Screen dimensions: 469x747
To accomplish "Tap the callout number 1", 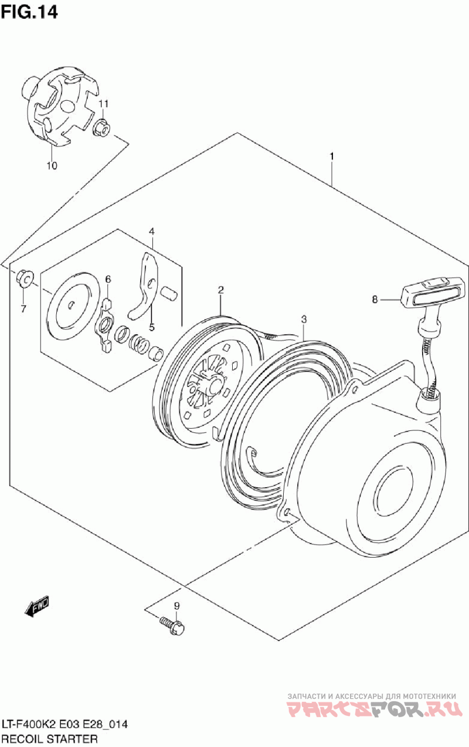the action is pyautogui.click(x=331, y=156).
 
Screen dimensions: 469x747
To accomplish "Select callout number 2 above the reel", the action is pyautogui.click(x=220, y=290).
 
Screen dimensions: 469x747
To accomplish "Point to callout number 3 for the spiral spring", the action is pyautogui.click(x=304, y=320).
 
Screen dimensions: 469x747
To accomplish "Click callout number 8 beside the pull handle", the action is pyautogui.click(x=375, y=300).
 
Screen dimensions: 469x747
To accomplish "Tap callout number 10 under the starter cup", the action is pyautogui.click(x=52, y=165).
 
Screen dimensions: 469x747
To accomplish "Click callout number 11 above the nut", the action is pyautogui.click(x=103, y=104).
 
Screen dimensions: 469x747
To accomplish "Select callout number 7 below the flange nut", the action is pyautogui.click(x=23, y=309).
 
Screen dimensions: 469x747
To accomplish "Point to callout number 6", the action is pyautogui.click(x=108, y=279).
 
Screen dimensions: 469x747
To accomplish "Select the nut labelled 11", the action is pyautogui.click(x=101, y=128).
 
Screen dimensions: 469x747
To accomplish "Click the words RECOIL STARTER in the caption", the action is pyautogui.click(x=50, y=739).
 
